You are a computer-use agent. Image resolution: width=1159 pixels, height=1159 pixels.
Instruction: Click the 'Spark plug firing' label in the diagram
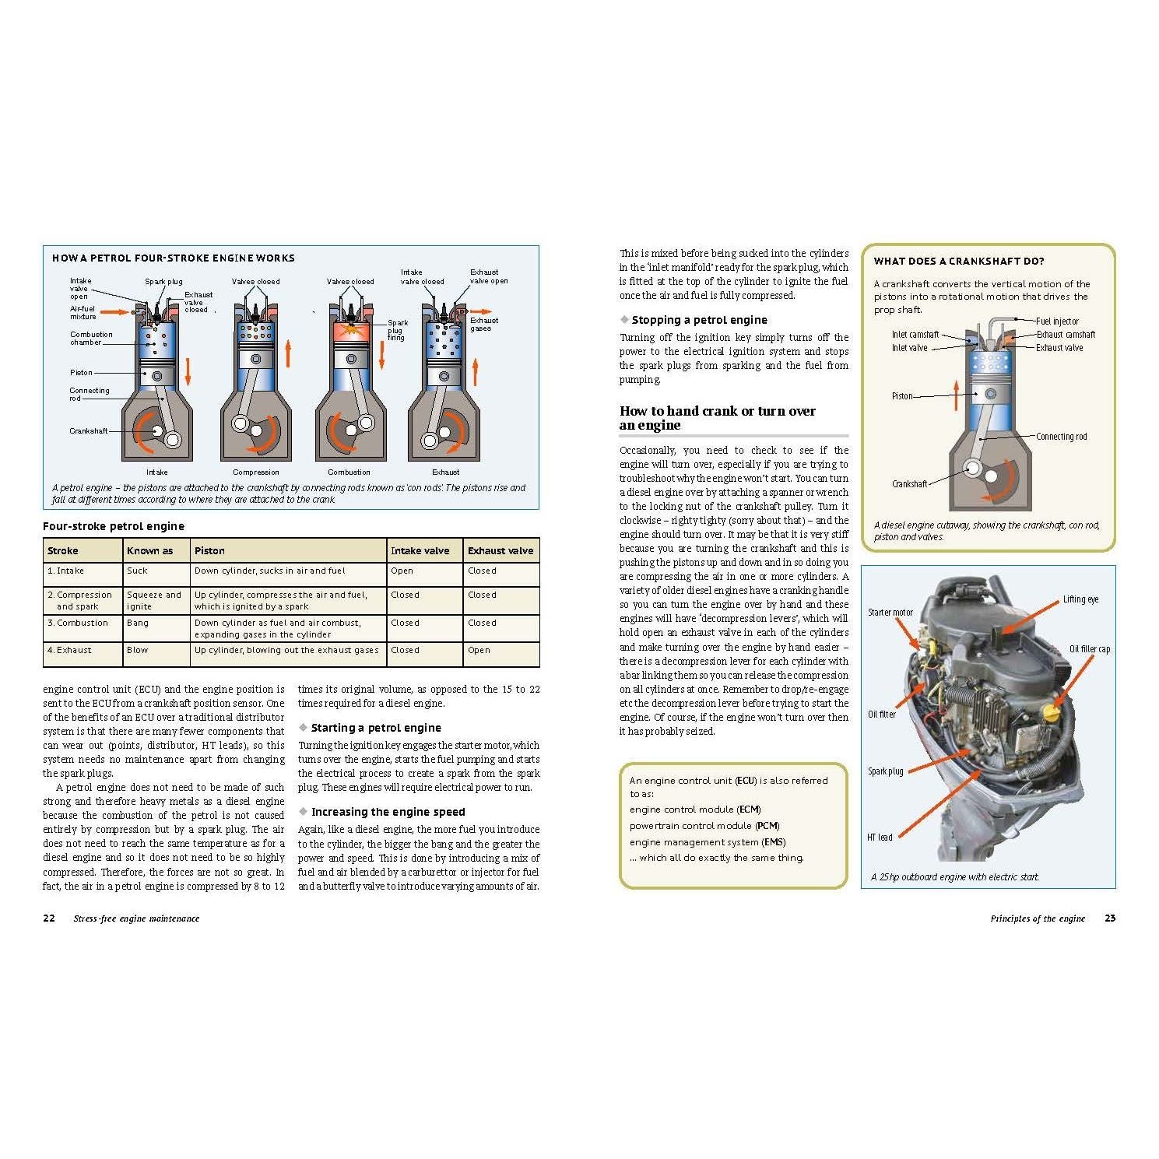(397, 330)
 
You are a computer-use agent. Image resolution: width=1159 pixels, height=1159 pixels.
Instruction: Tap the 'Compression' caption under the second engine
(255, 472)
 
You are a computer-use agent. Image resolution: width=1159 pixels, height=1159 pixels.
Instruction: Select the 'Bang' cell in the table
(138, 623)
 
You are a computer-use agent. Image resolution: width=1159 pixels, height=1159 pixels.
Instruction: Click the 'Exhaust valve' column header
(500, 550)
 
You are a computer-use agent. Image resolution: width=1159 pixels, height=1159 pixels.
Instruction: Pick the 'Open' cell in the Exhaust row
(479, 650)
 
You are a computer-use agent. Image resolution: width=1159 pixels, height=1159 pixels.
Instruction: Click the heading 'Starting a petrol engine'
(376, 728)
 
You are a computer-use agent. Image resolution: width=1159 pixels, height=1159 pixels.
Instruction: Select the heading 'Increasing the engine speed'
(388, 812)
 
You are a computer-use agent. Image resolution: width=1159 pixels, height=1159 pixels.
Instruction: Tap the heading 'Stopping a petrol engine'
(699, 320)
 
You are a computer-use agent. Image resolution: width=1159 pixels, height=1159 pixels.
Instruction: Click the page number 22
(49, 918)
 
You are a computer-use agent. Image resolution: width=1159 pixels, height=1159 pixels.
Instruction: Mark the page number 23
(1110, 918)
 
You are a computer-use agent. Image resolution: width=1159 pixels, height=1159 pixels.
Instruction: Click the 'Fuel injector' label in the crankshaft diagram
(1057, 321)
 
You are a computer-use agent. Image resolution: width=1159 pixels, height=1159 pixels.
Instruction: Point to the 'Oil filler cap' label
(1089, 649)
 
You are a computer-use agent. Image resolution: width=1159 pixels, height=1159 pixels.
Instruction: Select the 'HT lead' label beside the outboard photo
(880, 838)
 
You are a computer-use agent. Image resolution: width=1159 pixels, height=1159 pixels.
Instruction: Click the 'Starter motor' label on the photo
(890, 613)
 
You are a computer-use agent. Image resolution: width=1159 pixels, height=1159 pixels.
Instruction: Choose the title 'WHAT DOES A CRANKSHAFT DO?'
(959, 262)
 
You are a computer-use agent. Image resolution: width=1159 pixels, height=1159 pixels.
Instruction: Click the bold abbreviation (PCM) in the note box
(767, 826)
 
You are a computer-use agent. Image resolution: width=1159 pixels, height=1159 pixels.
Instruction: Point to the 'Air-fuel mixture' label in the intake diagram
(83, 313)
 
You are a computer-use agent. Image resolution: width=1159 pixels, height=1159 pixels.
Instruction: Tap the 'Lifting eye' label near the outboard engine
(1080, 599)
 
